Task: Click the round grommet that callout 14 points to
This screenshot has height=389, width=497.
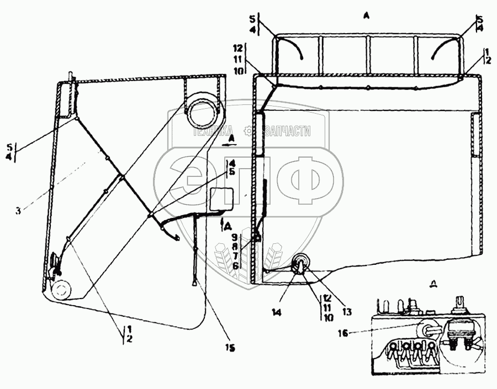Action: [302, 264]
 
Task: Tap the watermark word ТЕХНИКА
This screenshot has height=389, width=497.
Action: [213, 131]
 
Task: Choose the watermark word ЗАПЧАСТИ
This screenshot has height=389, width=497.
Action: [288, 131]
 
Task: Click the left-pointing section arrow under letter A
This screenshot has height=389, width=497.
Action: [228, 143]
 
